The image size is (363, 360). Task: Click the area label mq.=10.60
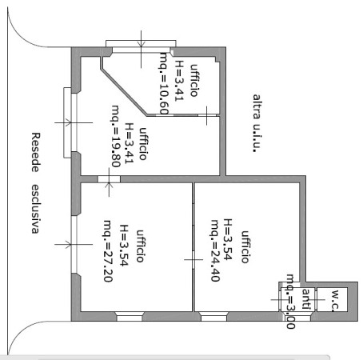[164, 83]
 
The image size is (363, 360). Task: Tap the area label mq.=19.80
[115, 136]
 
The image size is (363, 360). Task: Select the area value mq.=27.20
[107, 251]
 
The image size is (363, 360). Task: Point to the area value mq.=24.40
[215, 250]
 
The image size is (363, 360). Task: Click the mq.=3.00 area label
[290, 302]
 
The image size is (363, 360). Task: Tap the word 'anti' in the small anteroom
[306, 299]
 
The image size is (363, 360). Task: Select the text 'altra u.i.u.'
[256, 123]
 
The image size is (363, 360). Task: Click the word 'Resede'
[35, 152]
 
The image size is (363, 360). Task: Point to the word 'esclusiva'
[35, 209]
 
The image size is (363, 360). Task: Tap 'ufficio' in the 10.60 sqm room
[193, 80]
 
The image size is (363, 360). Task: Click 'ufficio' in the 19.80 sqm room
[143, 144]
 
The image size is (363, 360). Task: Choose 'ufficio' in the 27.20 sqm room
[140, 246]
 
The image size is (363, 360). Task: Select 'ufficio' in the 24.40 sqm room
[245, 247]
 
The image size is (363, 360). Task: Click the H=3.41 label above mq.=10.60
[179, 81]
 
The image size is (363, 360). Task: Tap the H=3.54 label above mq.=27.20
[124, 246]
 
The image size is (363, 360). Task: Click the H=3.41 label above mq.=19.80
[129, 143]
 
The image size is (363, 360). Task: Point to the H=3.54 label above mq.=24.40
[228, 239]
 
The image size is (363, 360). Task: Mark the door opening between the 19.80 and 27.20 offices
[109, 179]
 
